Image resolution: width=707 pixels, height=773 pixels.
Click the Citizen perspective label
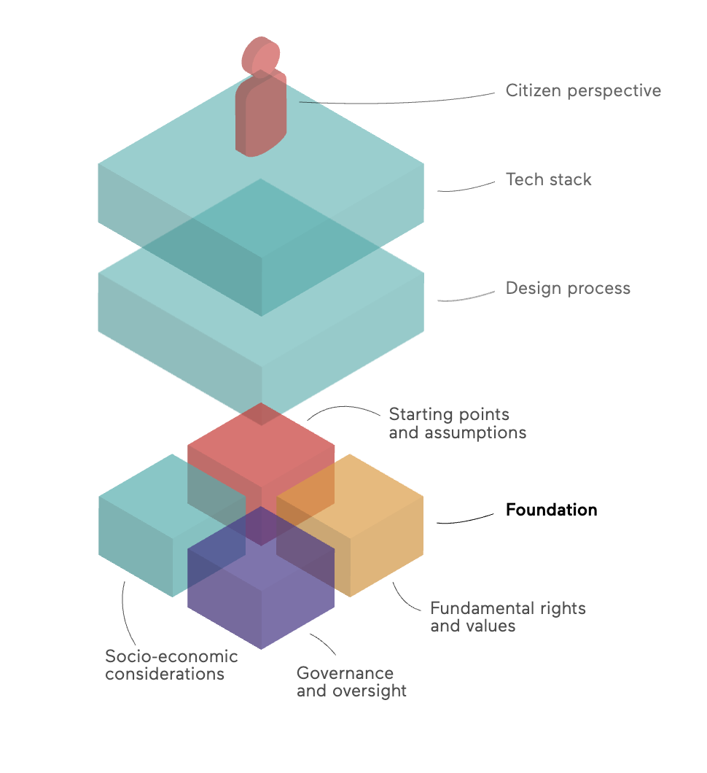(x=583, y=91)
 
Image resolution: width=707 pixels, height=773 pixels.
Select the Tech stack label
(x=548, y=179)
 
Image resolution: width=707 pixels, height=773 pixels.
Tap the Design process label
(x=568, y=288)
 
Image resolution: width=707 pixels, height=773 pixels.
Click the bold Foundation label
(x=551, y=509)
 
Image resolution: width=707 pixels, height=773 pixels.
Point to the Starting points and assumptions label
(x=458, y=424)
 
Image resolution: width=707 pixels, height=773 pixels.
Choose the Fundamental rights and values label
(x=508, y=617)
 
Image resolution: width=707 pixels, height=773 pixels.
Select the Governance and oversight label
(x=352, y=683)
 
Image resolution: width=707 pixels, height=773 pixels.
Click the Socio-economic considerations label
(x=171, y=665)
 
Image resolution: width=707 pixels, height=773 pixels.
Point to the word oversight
(x=370, y=691)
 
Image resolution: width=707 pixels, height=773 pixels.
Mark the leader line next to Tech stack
(x=466, y=187)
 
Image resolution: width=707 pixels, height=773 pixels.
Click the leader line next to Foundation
(x=465, y=519)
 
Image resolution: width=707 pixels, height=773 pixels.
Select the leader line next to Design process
(x=466, y=297)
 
